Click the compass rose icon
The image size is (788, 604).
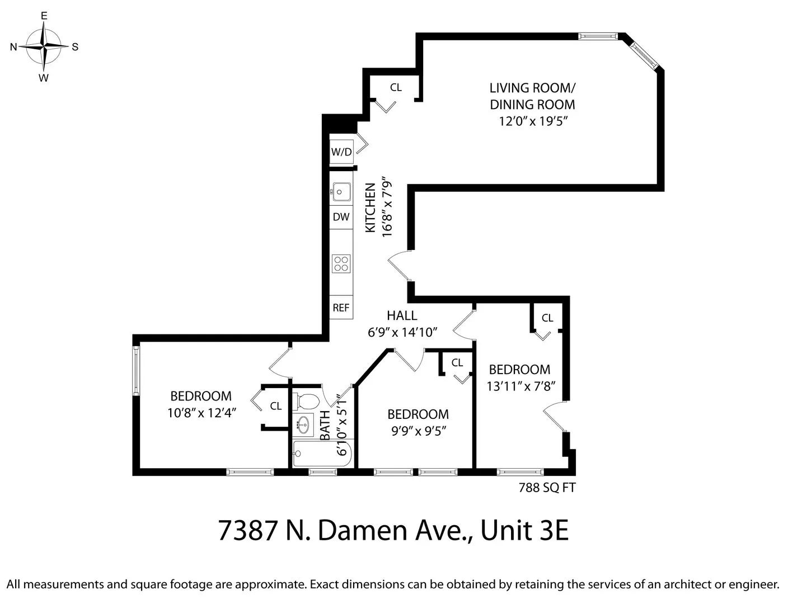(44, 47)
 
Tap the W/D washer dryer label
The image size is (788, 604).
(341, 152)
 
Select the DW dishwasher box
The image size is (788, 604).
(341, 217)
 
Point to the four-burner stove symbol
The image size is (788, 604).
(341, 263)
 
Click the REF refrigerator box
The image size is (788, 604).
(341, 308)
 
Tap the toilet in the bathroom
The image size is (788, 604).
(306, 401)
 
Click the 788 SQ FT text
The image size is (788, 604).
(547, 488)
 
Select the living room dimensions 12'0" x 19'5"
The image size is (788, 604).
(533, 121)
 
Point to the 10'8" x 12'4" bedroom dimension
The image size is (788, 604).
(201, 413)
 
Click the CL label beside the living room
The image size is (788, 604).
(396, 87)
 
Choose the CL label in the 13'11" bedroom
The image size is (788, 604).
(547, 318)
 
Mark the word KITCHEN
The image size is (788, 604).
(370, 208)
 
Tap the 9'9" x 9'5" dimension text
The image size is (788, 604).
(418, 431)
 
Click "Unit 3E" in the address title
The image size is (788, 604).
(524, 530)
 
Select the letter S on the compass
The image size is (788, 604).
(75, 47)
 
